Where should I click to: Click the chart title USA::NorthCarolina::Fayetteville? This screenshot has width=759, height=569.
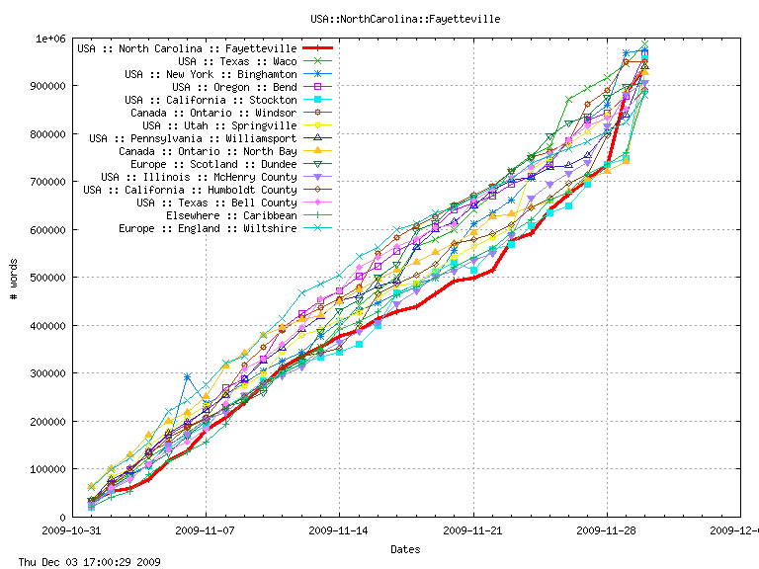[404, 19]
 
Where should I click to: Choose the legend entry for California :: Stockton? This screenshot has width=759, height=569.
[211, 100]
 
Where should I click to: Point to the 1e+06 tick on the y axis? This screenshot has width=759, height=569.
[50, 39]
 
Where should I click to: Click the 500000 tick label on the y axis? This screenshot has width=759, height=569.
[46, 278]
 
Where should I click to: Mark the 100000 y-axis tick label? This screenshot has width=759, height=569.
[46, 469]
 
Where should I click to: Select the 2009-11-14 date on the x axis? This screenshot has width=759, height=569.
[339, 530]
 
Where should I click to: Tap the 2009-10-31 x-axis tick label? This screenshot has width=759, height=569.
[71, 530]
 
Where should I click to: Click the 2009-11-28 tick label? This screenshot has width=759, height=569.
[607, 530]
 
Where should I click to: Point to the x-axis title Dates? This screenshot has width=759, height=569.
[404, 549]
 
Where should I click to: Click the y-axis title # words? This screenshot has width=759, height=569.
[15, 278]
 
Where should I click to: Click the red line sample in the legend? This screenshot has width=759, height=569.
[318, 48]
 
